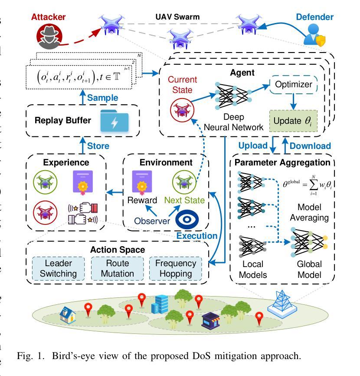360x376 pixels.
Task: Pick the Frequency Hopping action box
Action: (176, 268)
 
